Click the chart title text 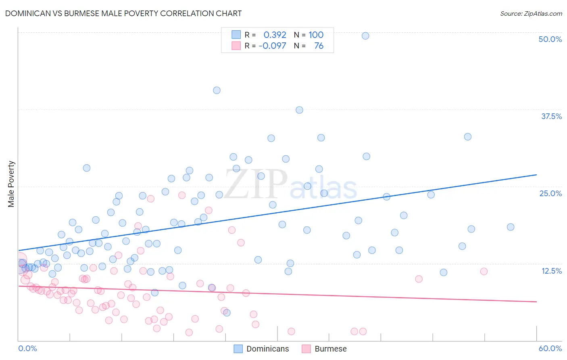pyautogui.click(x=123, y=13)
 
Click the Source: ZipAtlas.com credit pyautogui.click(x=531, y=13)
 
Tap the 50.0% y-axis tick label pyautogui.click(x=550, y=39)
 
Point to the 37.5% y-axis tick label pyautogui.click(x=551, y=116)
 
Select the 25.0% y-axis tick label pyautogui.click(x=550, y=193)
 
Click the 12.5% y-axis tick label pyautogui.click(x=551, y=271)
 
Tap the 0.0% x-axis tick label pyautogui.click(x=27, y=348)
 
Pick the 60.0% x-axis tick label pyautogui.click(x=550, y=348)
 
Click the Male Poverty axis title pyautogui.click(x=11, y=184)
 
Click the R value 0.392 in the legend pyautogui.click(x=275, y=35)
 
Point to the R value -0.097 pyautogui.click(x=272, y=46)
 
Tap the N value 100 pyautogui.click(x=316, y=35)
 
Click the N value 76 pyautogui.click(x=319, y=46)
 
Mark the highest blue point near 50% pyautogui.click(x=365, y=36)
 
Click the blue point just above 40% pyautogui.click(x=217, y=90)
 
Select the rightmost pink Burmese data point pyautogui.click(x=484, y=271)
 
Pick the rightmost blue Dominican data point pyautogui.click(x=511, y=227)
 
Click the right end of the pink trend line pyautogui.click(x=536, y=301)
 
